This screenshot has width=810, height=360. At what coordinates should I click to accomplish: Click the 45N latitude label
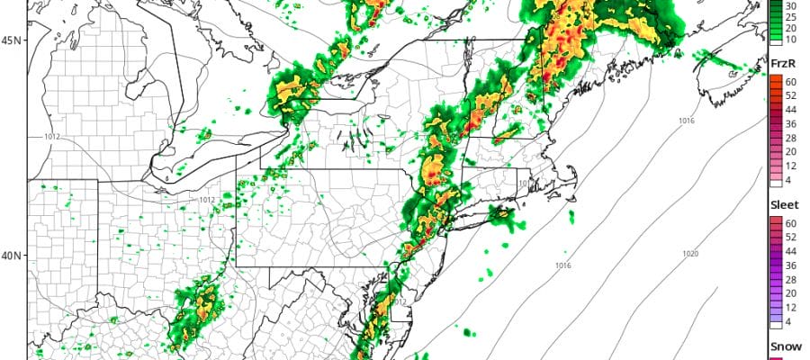13,40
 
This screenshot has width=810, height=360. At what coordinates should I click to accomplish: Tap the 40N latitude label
13,256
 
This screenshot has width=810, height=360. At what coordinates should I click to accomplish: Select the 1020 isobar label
691,255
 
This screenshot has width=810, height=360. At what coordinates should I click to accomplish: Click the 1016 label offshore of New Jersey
563,265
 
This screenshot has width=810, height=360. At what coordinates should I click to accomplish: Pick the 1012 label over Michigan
54,137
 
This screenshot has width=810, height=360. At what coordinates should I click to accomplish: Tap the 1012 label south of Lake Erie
206,200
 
